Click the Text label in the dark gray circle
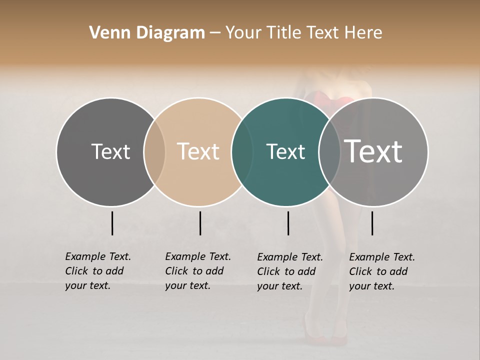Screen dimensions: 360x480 [x=110, y=151]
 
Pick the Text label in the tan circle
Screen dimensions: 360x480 [x=198, y=151]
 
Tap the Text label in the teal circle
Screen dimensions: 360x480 [x=285, y=151]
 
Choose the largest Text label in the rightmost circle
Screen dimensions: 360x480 [x=373, y=151]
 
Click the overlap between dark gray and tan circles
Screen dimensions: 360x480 [x=154, y=152]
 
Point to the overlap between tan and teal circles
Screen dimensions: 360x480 [x=242, y=152]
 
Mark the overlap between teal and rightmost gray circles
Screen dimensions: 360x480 [x=329, y=152]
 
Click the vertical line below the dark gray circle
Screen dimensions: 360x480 [x=112, y=223]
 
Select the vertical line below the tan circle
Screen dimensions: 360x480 [x=200, y=223]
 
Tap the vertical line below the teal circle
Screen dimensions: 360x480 [x=288, y=223]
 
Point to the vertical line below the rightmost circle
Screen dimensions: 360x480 [x=372, y=223]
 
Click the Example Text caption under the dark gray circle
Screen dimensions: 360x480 [x=97, y=271]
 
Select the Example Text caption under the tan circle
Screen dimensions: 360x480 [x=197, y=271]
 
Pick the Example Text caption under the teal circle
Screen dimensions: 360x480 [x=289, y=271]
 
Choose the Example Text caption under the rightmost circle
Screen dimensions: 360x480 [x=381, y=271]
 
